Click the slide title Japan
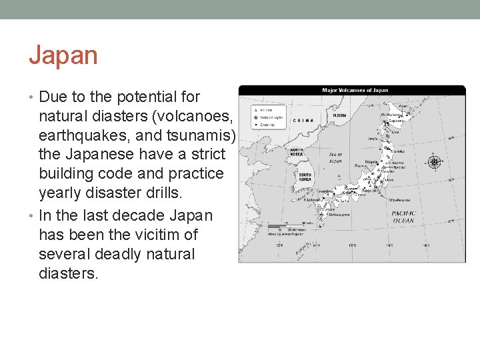[x=63, y=55]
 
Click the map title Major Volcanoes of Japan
[x=355, y=91]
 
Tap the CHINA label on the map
[x=303, y=121]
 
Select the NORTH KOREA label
[x=296, y=152]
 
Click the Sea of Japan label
[x=336, y=157]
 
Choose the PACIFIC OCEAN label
[x=403, y=217]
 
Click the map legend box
[x=267, y=115]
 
